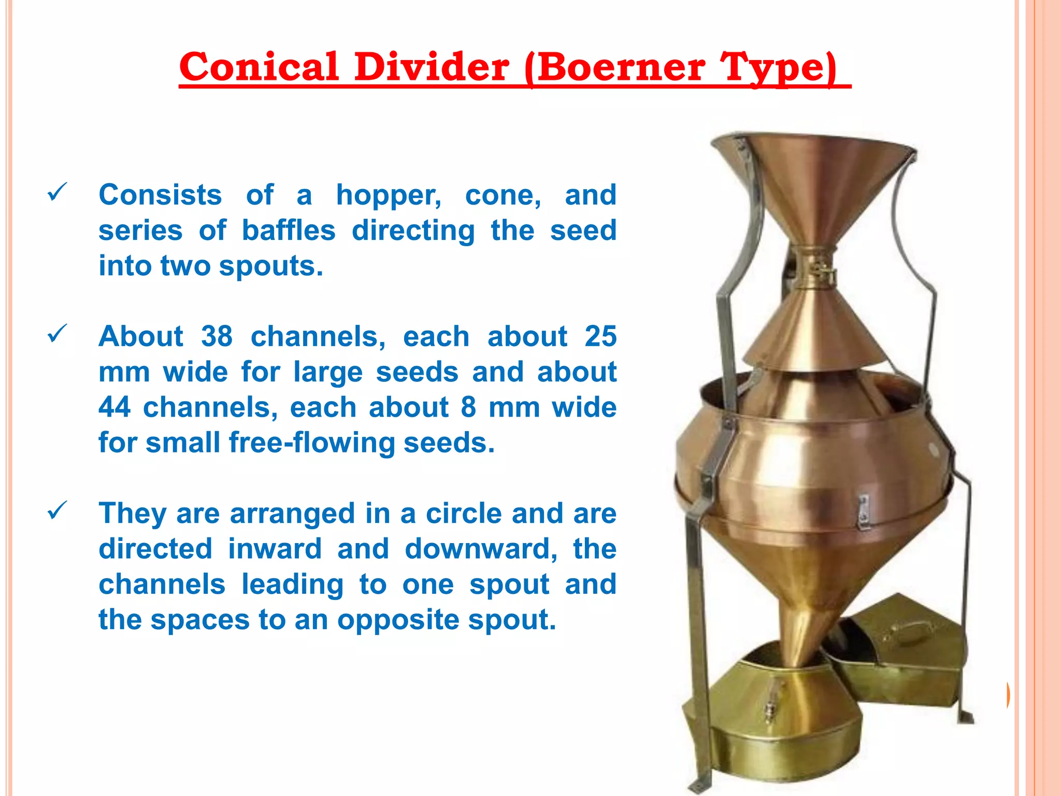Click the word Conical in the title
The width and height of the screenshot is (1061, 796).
258,67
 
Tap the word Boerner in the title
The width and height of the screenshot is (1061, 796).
620,67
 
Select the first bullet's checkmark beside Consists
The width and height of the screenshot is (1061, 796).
56,192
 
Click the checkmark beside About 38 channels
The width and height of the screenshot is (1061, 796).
56,334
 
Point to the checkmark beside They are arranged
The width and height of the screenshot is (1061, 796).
56,510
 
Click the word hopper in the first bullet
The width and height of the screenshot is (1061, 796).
388,196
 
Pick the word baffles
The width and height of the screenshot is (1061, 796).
289,231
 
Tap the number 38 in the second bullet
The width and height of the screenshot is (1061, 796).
217,337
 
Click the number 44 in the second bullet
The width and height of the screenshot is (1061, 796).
114,407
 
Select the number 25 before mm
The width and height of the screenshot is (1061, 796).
600,337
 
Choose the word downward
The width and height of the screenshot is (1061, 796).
480,549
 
